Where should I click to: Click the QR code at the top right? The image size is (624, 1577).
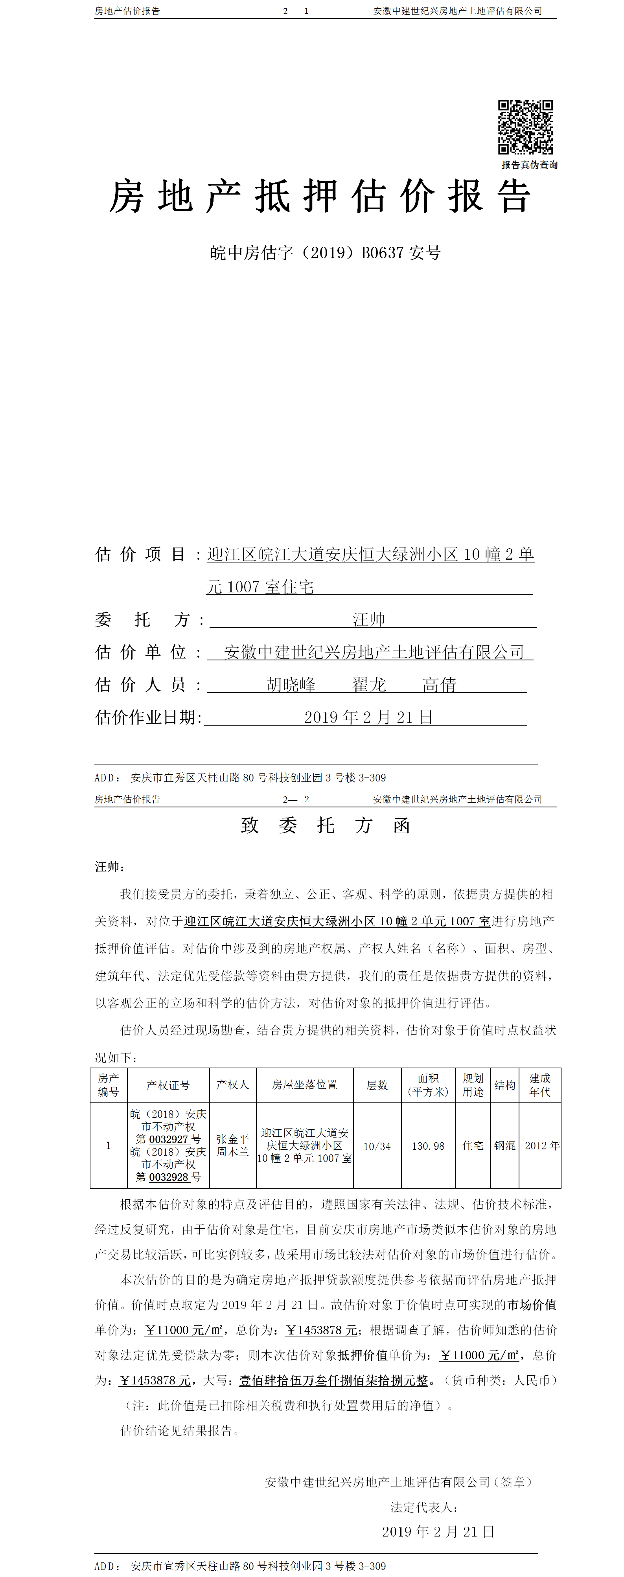point(525,127)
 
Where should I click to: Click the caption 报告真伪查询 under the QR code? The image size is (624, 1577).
point(529,165)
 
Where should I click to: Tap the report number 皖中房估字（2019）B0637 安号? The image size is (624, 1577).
point(325,252)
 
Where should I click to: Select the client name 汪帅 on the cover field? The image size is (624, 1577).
point(369,619)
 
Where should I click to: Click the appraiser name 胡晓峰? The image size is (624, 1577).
point(291,684)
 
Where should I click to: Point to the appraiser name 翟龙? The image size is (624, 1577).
point(369,684)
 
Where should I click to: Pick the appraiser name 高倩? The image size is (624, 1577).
point(439,684)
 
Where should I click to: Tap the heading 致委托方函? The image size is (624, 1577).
point(325,825)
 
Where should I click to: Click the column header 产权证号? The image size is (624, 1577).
point(168,1085)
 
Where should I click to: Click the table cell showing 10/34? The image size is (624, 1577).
point(377,1145)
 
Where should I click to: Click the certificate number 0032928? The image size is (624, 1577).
point(168,1176)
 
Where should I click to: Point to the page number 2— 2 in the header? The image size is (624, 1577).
point(296,799)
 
